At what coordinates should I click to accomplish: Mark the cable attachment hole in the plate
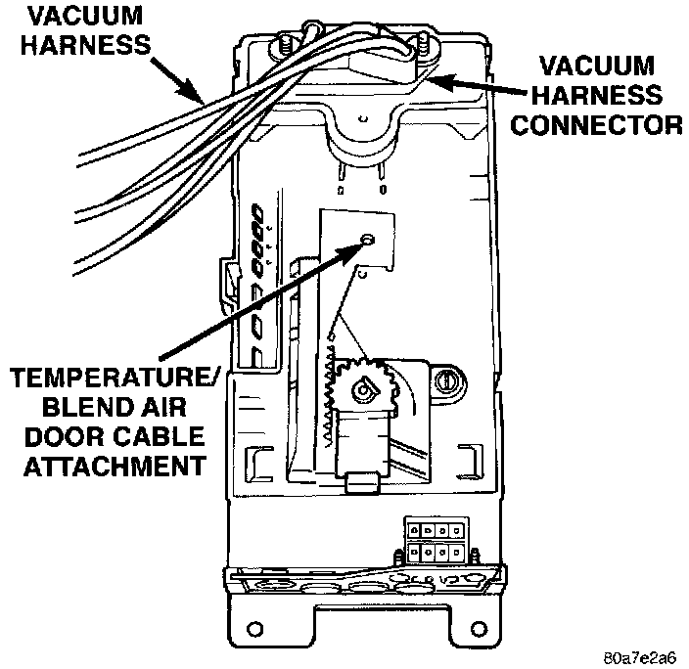pyautogui.click(x=367, y=240)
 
